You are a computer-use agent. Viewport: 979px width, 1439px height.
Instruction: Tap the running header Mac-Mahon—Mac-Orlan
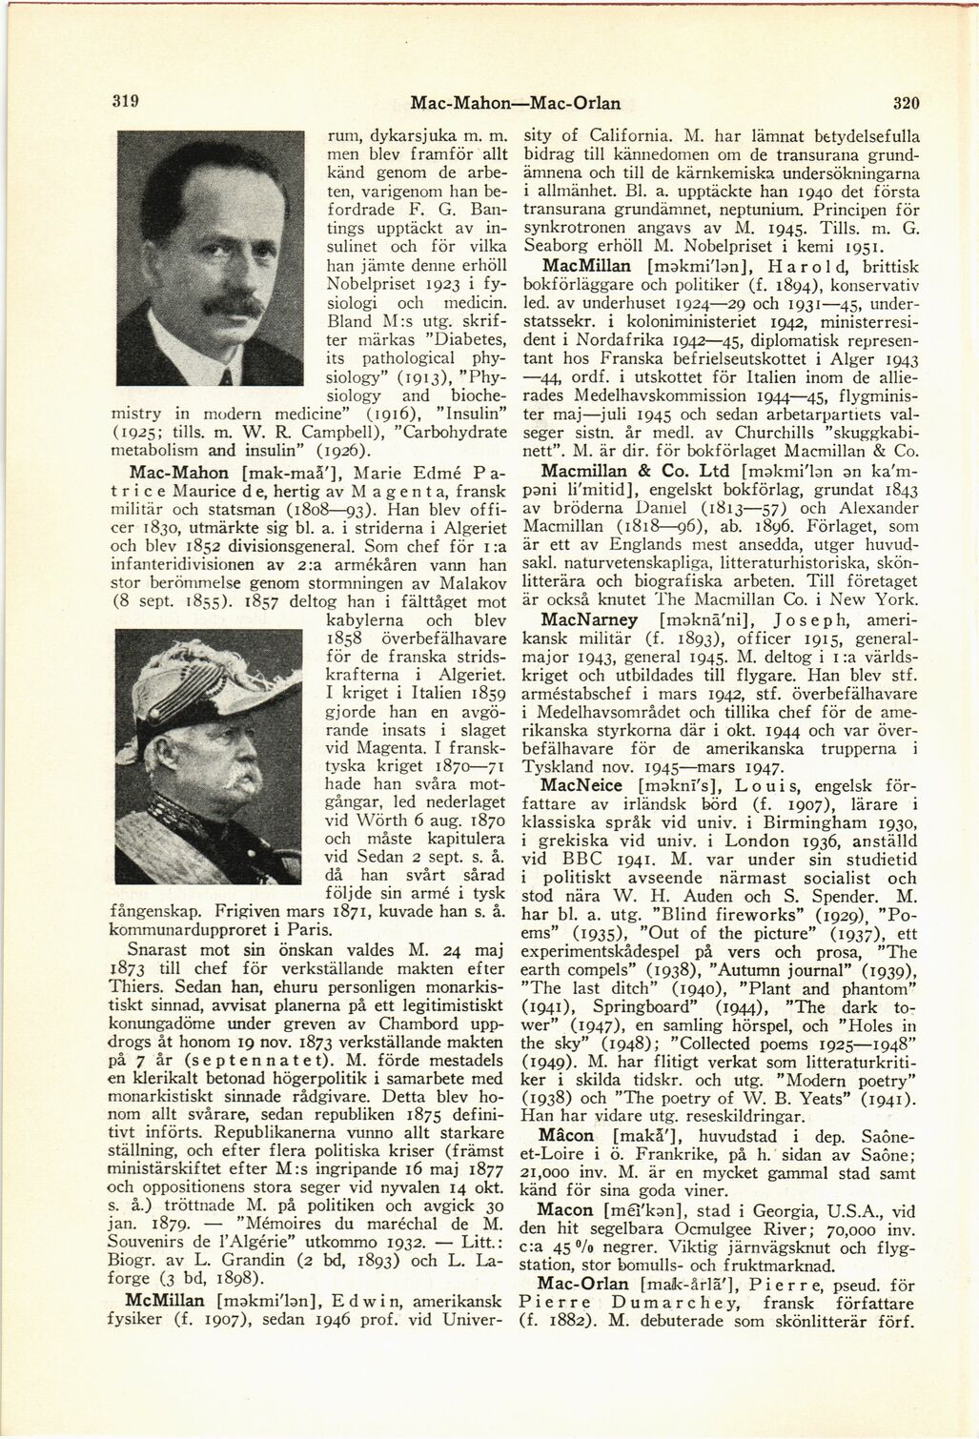514,101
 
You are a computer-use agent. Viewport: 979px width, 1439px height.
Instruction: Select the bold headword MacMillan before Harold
582,265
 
